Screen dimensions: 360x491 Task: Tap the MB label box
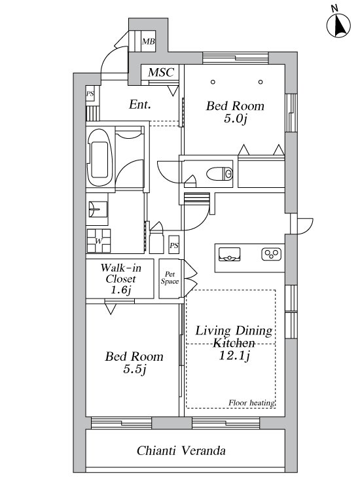click(148, 41)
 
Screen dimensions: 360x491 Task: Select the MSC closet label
click(160, 72)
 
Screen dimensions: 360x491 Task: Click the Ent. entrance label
click(139, 104)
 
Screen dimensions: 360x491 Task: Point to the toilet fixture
click(220, 173)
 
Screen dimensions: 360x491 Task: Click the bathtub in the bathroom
click(99, 158)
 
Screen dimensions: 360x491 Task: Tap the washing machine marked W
click(99, 240)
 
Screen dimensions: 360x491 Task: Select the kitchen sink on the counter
click(230, 254)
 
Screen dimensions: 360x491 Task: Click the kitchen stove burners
click(271, 254)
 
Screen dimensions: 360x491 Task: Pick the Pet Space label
click(170, 278)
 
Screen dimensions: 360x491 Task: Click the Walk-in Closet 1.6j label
click(121, 279)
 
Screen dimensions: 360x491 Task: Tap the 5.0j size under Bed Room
click(236, 118)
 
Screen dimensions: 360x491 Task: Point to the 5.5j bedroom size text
click(135, 369)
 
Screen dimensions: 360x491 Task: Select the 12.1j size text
click(234, 355)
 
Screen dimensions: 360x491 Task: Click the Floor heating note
click(252, 403)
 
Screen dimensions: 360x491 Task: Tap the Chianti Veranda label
click(181, 450)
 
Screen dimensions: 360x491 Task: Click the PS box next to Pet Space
click(174, 245)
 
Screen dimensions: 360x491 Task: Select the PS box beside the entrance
click(90, 94)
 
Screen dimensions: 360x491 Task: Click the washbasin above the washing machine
click(98, 209)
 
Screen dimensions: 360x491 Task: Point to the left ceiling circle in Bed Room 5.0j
click(213, 82)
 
